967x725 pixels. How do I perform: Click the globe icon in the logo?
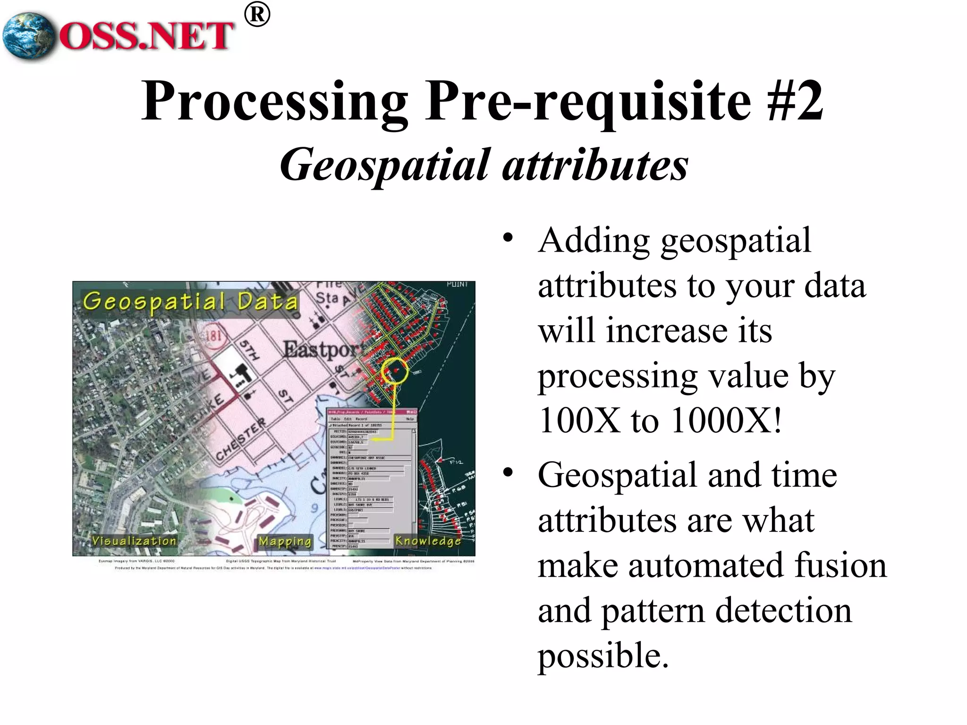[x=28, y=36]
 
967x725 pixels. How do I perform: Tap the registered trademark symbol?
[x=257, y=15]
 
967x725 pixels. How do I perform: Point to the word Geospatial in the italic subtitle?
[x=385, y=166]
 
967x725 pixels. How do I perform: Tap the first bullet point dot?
[x=508, y=237]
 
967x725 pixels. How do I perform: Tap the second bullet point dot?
[x=508, y=472]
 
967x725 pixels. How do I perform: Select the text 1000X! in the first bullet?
[x=727, y=420]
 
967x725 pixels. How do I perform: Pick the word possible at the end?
[x=603, y=656]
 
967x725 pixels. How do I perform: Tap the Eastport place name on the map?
[x=324, y=350]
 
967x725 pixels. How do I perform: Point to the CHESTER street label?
[x=241, y=441]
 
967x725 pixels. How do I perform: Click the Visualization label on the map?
[x=134, y=541]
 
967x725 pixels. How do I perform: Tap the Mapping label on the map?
[x=285, y=541]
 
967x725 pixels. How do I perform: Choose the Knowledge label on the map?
[x=428, y=541]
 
